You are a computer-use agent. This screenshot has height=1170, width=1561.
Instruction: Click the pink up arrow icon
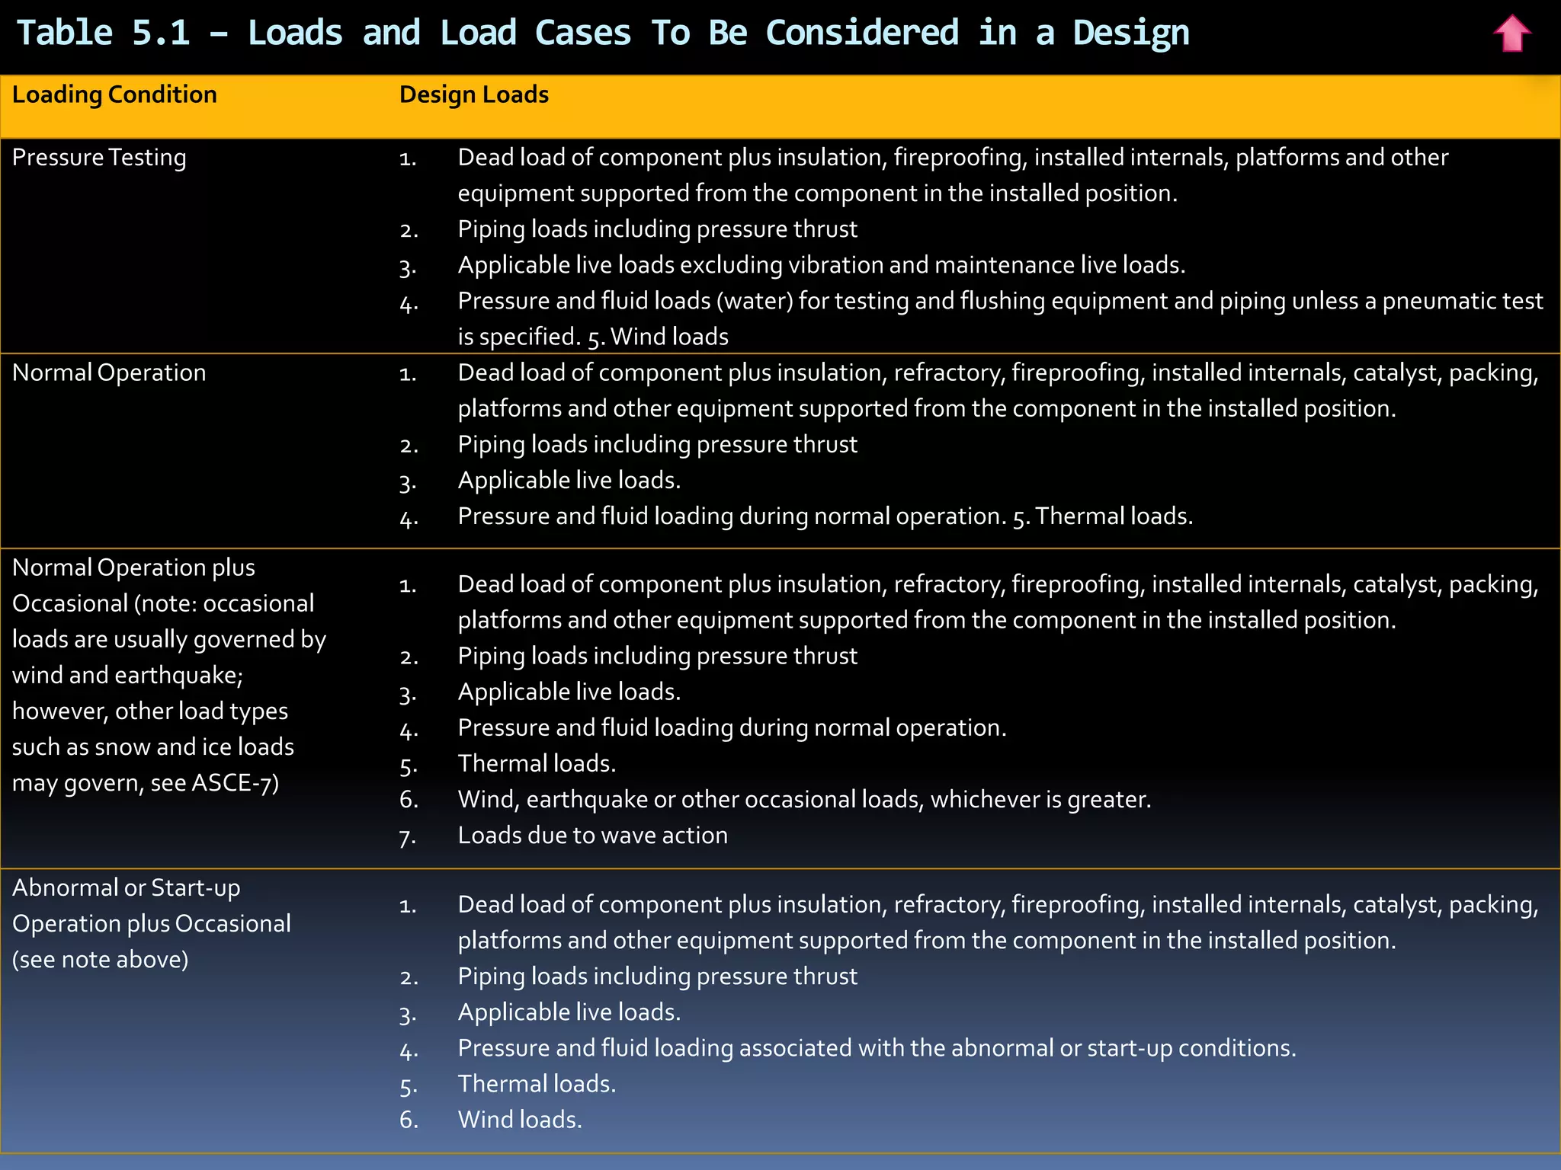1511,34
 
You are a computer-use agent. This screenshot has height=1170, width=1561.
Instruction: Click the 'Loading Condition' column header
114,94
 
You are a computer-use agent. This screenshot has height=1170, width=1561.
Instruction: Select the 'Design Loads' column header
473,94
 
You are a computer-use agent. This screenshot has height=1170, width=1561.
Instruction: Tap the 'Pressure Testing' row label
99,158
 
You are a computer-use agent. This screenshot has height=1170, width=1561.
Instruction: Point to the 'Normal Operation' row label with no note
109,372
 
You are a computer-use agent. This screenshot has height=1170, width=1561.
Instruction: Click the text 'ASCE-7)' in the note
236,783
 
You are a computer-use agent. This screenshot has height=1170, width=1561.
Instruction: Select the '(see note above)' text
100,960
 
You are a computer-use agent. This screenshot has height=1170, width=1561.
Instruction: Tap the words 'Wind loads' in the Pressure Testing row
669,337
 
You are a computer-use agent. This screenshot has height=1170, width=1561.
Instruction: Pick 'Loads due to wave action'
592,836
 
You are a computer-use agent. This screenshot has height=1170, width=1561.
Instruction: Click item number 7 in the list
408,837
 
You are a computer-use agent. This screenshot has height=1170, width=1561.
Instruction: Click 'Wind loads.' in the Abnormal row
519,1120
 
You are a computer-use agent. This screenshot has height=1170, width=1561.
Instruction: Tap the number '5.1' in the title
160,33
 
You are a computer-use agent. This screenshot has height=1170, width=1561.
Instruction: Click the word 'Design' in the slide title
1130,33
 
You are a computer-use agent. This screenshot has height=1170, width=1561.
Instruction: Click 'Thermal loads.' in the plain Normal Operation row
1114,516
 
